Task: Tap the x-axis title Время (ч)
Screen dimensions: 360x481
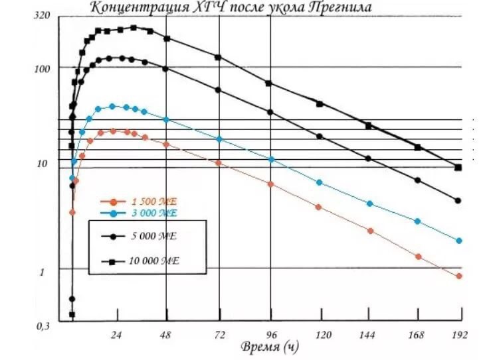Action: [268, 347]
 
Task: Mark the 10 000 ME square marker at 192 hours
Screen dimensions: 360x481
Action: [458, 167]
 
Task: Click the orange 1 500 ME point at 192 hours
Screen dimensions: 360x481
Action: [458, 276]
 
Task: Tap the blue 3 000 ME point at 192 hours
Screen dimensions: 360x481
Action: [458, 241]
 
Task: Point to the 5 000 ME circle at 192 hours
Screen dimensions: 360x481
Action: [458, 200]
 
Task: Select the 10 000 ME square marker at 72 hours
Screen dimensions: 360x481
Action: [218, 57]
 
